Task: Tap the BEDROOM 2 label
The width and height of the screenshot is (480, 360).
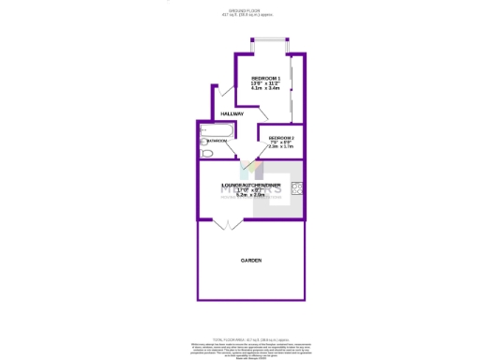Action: click(281, 137)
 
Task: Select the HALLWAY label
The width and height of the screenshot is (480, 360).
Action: click(232, 114)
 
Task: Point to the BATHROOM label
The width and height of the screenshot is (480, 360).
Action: click(217, 141)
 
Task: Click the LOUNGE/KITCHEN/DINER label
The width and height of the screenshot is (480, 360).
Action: click(251, 186)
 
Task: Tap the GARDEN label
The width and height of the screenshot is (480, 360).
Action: click(250, 260)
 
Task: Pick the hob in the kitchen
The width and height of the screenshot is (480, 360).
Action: click(297, 187)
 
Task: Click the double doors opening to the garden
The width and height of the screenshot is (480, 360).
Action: click(226, 224)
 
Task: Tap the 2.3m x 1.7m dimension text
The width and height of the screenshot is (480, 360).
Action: click(281, 147)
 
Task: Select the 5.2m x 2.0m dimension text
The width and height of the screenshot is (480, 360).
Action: click(251, 195)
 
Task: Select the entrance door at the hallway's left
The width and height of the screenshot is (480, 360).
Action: click(221, 92)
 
